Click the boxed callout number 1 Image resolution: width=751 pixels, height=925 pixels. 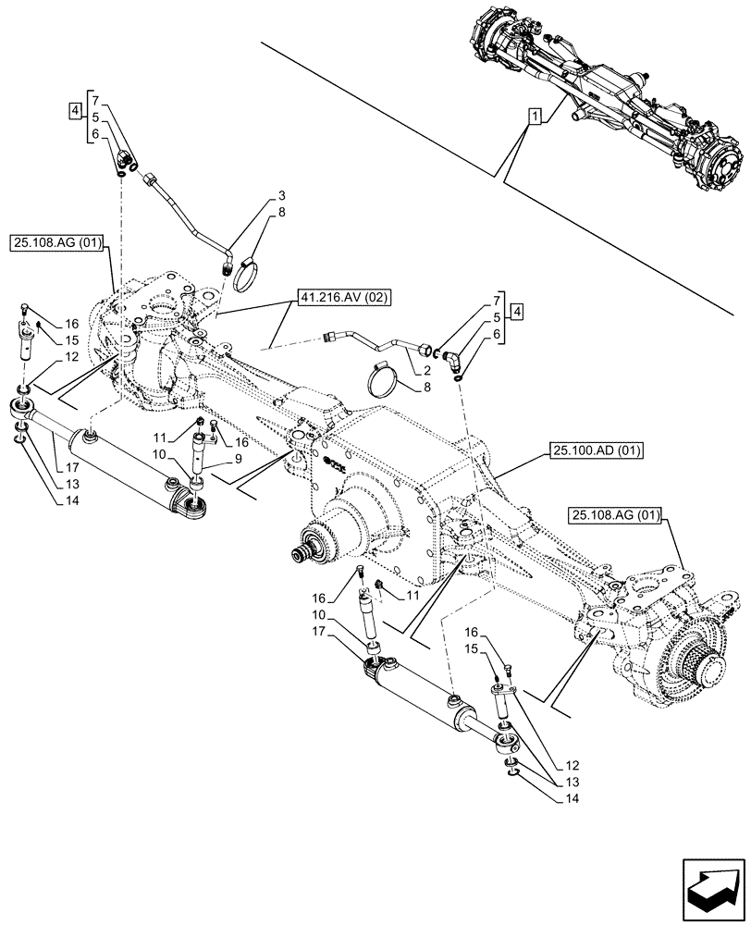pyautogui.click(x=535, y=117)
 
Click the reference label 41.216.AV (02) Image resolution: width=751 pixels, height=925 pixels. pyautogui.click(x=332, y=298)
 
